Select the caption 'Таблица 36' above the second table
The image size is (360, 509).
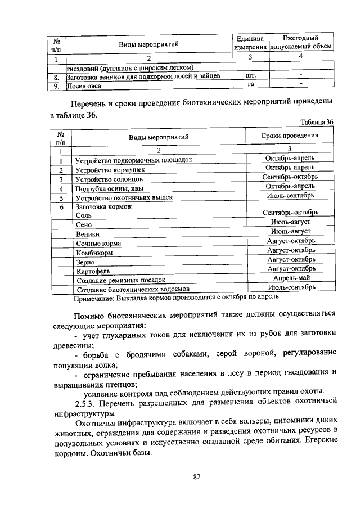317,121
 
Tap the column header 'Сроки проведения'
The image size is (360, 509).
290,136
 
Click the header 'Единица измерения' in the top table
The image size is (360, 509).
250,43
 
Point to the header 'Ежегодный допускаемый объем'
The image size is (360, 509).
301,43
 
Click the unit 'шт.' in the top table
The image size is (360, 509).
251,76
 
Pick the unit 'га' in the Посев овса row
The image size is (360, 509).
251,85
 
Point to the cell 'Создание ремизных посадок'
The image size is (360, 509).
120,280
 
